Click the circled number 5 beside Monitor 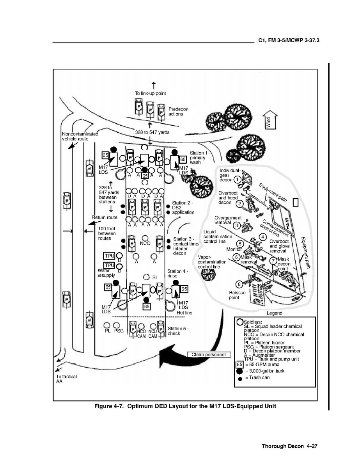(240, 243)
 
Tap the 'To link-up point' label (151, 93)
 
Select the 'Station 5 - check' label (178, 331)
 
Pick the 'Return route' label (105, 217)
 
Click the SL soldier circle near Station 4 (146, 277)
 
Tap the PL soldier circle (107, 325)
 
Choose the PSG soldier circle (116, 325)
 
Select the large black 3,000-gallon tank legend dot (240, 371)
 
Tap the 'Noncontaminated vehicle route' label (80, 136)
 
